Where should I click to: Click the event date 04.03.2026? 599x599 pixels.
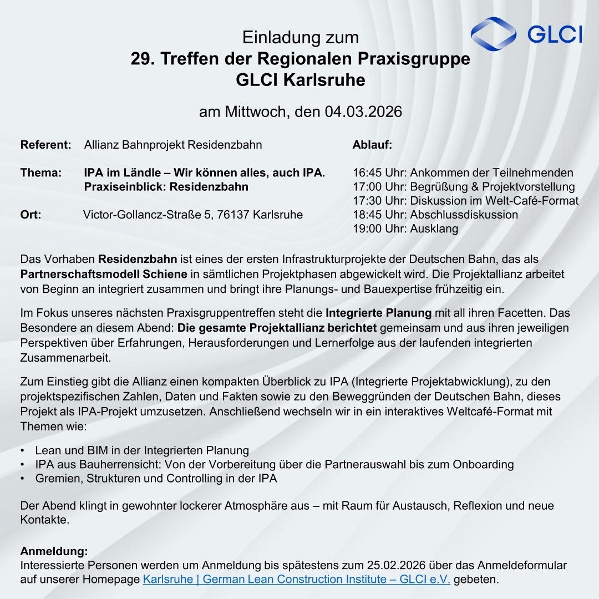pos(363,112)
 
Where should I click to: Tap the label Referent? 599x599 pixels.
pos(45,145)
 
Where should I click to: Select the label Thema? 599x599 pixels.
pos(40,172)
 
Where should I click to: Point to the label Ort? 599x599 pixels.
pos(31,214)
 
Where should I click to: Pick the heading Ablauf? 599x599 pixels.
pos(372,145)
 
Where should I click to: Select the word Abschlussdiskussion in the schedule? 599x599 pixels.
pos(464,214)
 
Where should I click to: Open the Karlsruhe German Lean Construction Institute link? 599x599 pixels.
pos(296,580)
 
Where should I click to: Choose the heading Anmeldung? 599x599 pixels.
pos(54,551)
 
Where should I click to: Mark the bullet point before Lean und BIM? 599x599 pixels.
pos(22,450)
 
